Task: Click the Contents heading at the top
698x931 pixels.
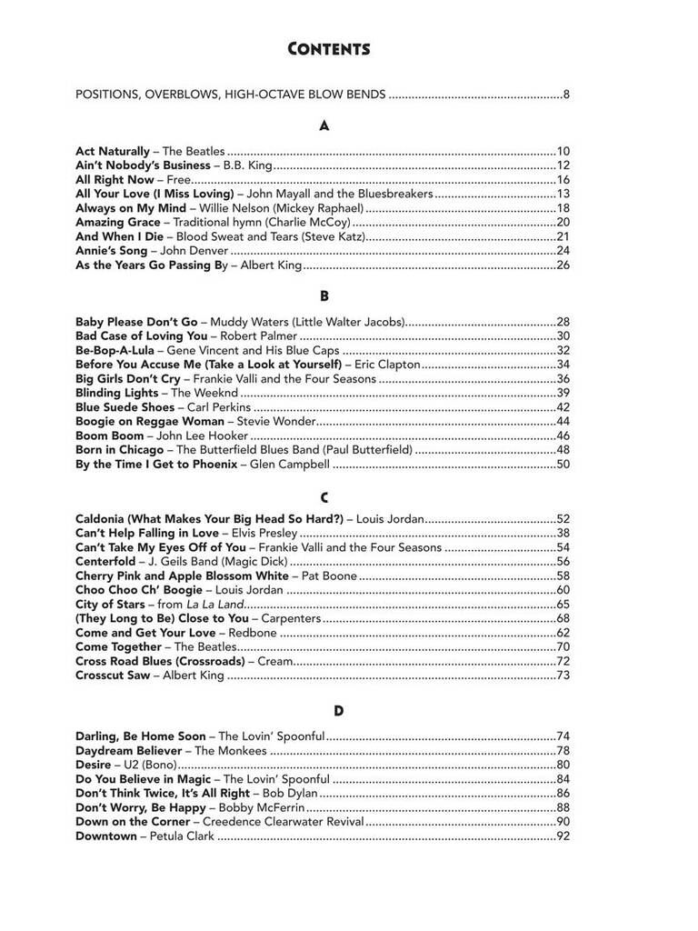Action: (x=328, y=49)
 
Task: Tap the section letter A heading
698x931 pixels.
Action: (x=324, y=126)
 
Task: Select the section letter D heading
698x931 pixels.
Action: (x=337, y=710)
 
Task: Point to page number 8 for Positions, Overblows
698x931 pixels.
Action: (x=565, y=94)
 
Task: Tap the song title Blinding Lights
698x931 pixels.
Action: (x=116, y=393)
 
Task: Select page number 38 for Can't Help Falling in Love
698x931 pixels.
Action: (x=563, y=533)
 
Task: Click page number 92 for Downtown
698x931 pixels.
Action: (x=563, y=836)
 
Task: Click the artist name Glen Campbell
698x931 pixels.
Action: (x=288, y=464)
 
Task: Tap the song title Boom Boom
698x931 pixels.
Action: (x=104, y=435)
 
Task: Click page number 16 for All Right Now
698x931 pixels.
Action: (x=563, y=179)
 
